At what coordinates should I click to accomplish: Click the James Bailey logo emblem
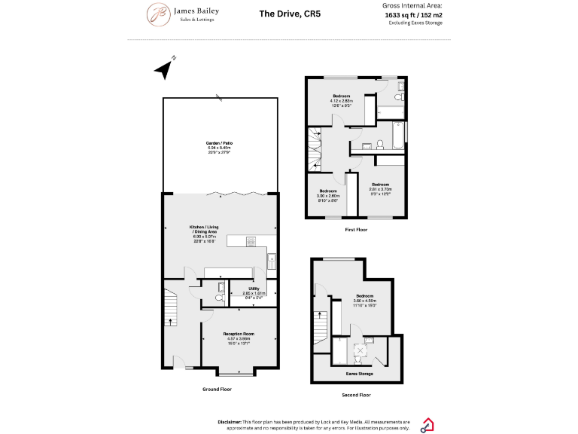[x=159, y=13]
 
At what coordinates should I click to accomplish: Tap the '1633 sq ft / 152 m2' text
[x=413, y=14]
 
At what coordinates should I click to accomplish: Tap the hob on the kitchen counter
[x=251, y=240]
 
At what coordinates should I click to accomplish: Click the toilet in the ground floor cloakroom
[x=218, y=298]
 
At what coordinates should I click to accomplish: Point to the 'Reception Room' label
[x=239, y=333]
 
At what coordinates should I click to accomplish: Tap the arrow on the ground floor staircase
[x=172, y=321]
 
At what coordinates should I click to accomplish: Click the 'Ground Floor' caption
[x=217, y=390]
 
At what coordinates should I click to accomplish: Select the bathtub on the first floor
[x=392, y=142]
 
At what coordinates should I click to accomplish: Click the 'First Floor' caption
[x=356, y=229]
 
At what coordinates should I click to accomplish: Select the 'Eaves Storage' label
[x=358, y=373]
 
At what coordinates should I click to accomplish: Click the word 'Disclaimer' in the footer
[x=230, y=422]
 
